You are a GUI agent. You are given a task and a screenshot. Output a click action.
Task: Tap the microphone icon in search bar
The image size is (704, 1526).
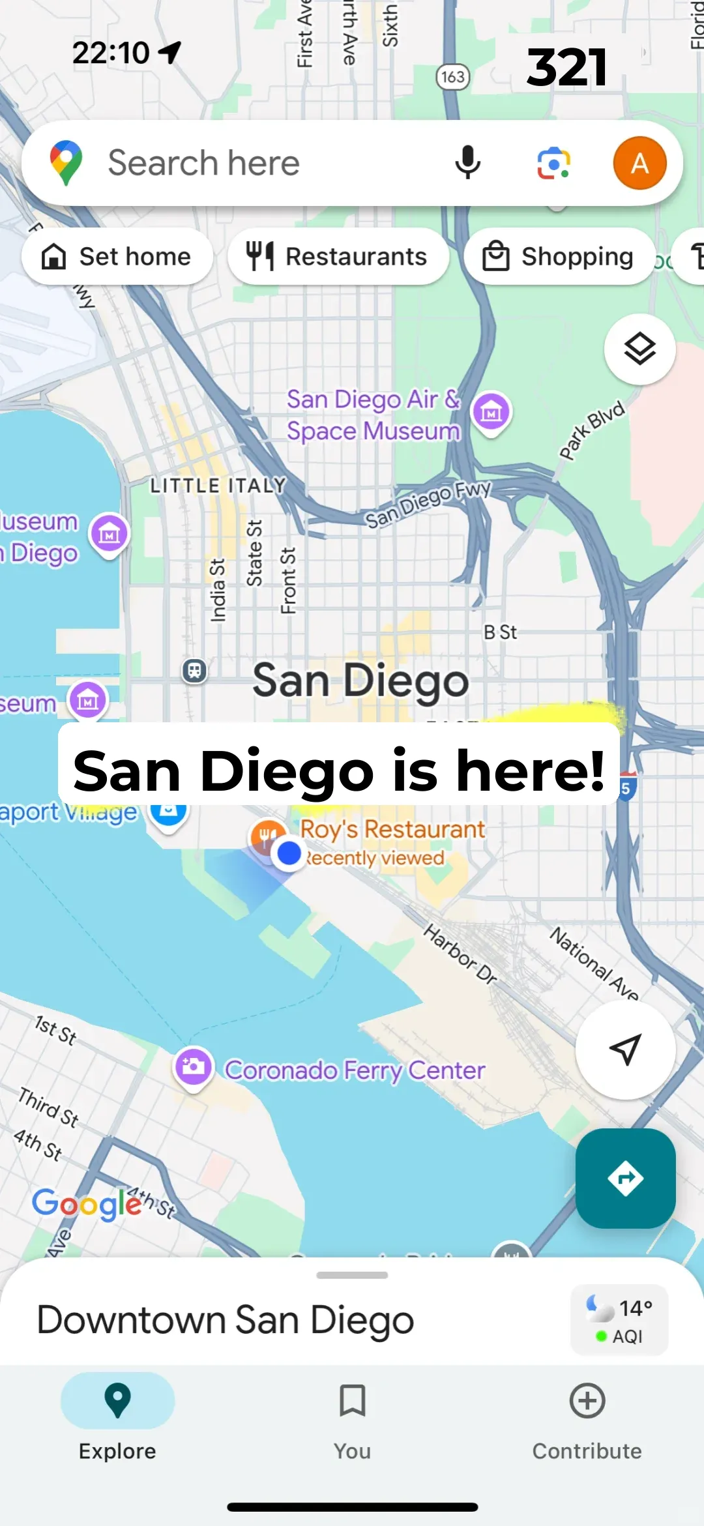(467, 163)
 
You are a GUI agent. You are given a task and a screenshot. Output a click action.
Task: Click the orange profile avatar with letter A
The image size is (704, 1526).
(639, 163)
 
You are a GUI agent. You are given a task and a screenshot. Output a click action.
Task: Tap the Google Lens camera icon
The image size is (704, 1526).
(553, 163)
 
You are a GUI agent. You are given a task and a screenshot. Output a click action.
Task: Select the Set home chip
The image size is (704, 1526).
(117, 256)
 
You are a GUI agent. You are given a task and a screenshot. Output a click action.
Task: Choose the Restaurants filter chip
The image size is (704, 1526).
(338, 256)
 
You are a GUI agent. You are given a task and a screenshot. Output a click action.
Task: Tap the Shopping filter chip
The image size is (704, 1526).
(559, 256)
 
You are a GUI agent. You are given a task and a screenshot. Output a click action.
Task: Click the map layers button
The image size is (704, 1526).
(639, 349)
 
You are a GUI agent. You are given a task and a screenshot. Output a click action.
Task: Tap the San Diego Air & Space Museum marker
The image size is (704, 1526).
(491, 412)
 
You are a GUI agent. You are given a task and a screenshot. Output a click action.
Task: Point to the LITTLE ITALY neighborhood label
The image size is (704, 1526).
(218, 486)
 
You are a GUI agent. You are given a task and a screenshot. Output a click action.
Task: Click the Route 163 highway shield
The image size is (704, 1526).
(453, 77)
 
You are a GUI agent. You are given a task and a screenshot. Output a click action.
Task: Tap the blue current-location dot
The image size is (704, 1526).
(289, 853)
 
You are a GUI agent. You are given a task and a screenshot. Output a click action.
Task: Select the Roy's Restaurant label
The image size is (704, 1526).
(392, 829)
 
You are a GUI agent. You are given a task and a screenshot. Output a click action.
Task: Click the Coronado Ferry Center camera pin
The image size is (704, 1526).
(194, 1067)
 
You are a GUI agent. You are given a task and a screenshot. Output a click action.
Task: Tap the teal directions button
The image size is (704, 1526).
(625, 1178)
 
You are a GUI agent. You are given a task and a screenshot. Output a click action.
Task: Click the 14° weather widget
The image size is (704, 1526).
(619, 1320)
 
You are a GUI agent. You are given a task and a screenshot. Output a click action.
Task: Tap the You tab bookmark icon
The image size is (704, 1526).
(352, 1400)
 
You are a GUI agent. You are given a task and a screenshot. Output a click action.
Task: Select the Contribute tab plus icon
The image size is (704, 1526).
(587, 1400)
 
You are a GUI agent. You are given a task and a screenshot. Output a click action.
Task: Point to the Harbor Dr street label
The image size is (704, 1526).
(460, 953)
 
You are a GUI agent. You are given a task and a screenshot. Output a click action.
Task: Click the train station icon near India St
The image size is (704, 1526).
(194, 670)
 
